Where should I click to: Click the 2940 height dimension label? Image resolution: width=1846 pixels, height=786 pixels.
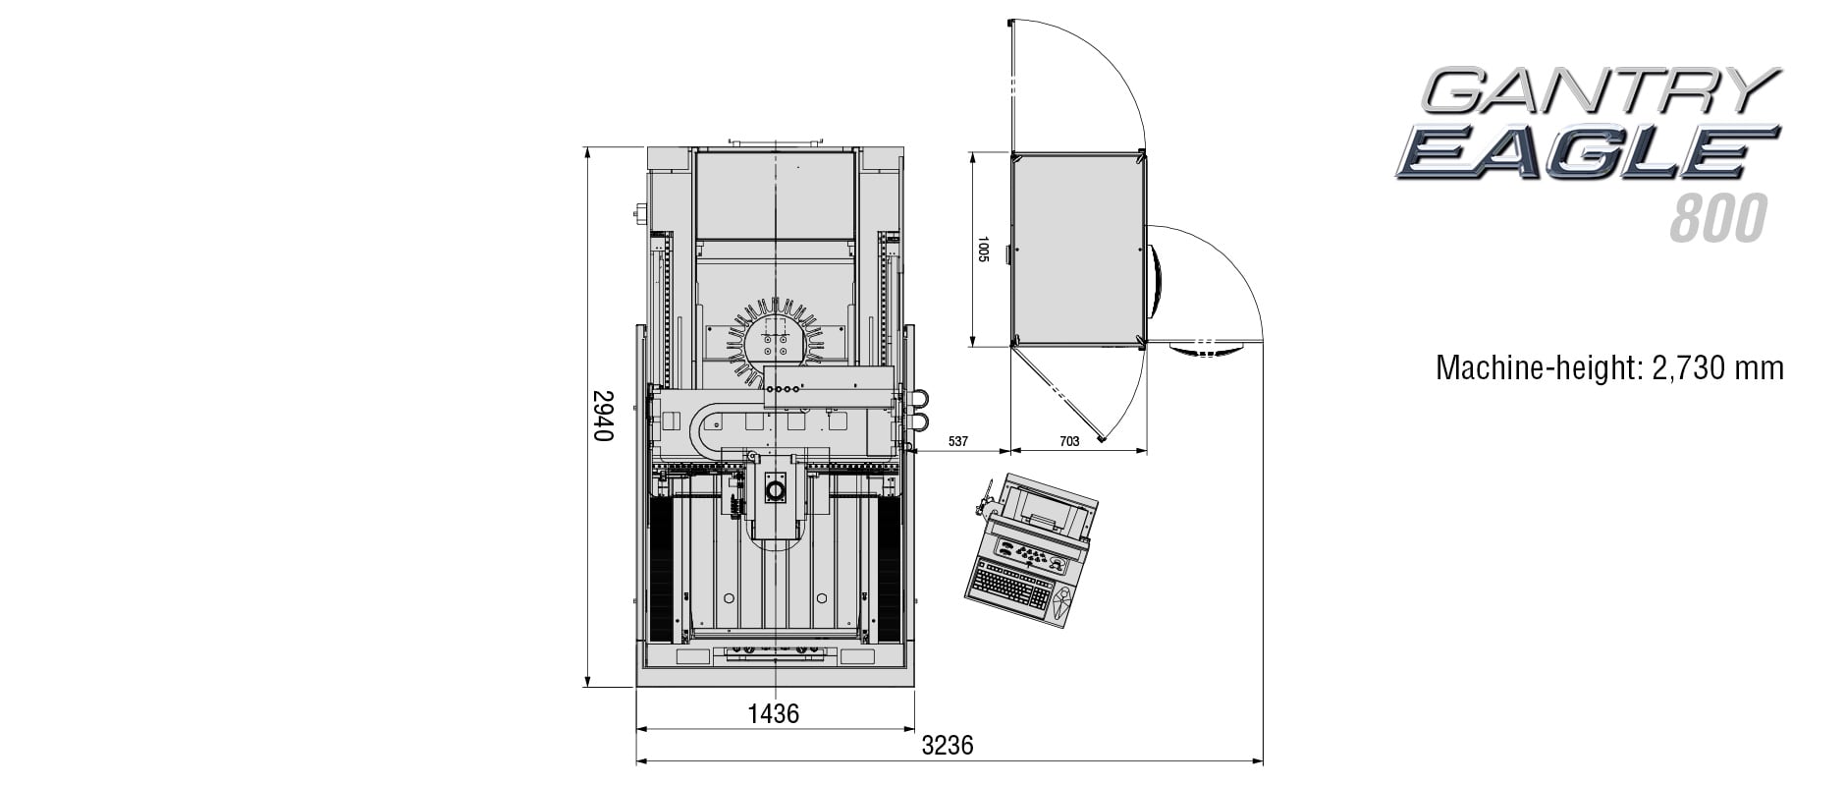[x=603, y=416]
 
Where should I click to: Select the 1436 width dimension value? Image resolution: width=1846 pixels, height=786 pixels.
[x=773, y=713]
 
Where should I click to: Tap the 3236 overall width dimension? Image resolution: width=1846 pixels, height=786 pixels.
[x=948, y=745]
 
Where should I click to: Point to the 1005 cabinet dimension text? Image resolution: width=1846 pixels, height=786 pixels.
[x=983, y=249]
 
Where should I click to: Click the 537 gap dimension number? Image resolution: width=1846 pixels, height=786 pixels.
[x=958, y=442]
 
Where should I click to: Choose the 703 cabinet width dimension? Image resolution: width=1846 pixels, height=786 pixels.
[x=1069, y=442]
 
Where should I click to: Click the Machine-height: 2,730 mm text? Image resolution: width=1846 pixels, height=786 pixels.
[x=1609, y=367]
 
